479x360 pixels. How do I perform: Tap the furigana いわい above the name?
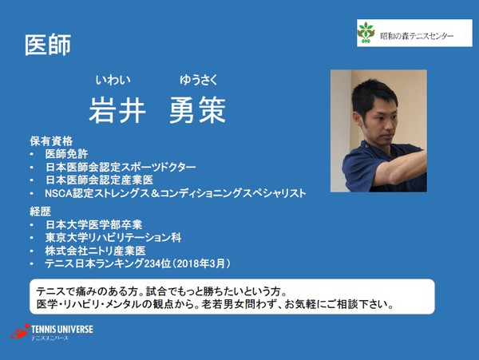[112, 79]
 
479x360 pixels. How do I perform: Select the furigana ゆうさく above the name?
[198, 79]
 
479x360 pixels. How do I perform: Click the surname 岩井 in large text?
[117, 109]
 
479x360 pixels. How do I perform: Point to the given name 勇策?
[200, 109]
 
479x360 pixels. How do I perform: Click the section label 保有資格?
[51, 141]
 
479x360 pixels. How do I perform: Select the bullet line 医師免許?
[67, 154]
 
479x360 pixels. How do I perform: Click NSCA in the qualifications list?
[60, 193]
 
